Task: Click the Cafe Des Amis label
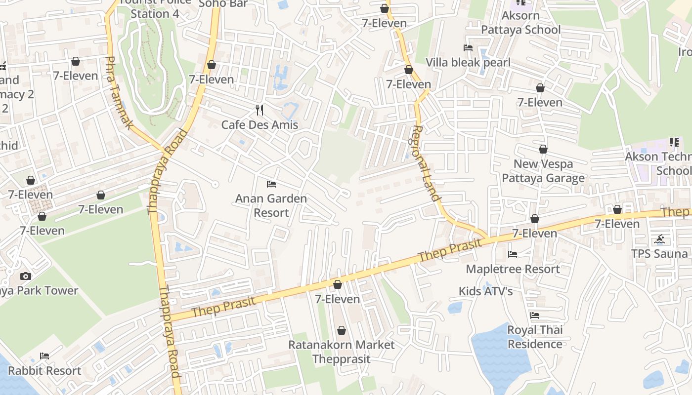pos(259,124)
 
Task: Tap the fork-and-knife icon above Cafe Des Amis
pos(259,110)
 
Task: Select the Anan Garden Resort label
pos(271,205)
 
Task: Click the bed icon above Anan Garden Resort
pos(271,184)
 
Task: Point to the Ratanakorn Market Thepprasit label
pos(341,352)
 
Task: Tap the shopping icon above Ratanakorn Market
pos(341,330)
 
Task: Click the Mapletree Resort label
pos(513,269)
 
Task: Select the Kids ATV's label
pos(485,291)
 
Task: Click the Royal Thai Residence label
pos(535,337)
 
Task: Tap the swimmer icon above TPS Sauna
pos(659,240)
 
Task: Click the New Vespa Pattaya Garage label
pos(543,171)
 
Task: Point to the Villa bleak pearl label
pos(468,63)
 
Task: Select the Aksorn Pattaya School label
pos(520,22)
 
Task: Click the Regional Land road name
pos(425,163)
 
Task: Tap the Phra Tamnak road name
pos(119,93)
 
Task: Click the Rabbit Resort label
pos(44,371)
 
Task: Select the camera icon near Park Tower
pos(26,276)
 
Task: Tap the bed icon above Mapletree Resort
pos(513,254)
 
